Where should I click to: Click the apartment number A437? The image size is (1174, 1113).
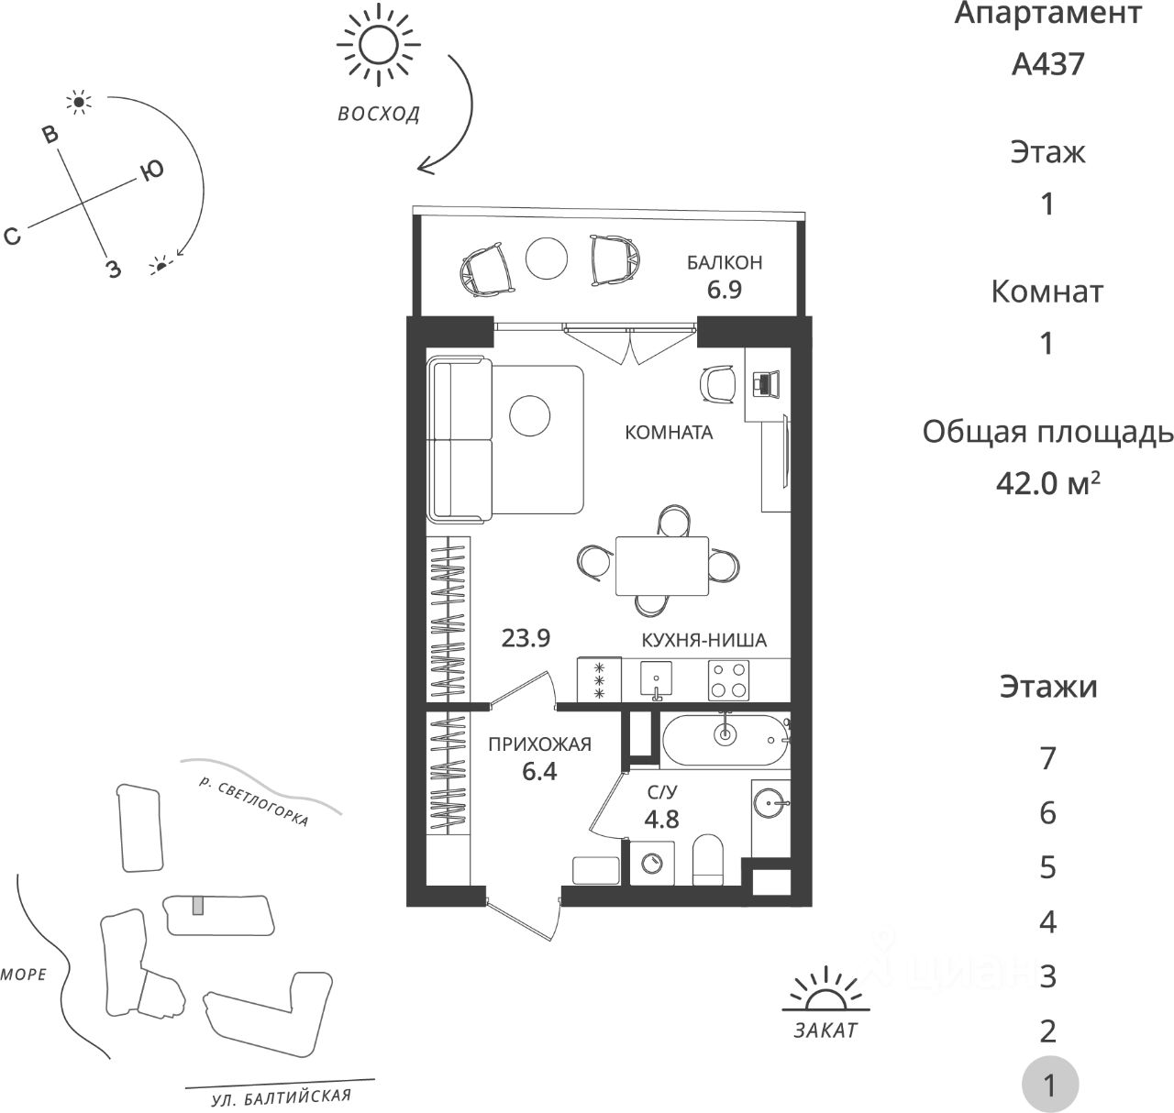pyautogui.click(x=1047, y=64)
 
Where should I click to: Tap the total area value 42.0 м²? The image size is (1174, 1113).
pyautogui.click(x=1047, y=482)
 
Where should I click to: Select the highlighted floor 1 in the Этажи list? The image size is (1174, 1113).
pyautogui.click(x=1049, y=1086)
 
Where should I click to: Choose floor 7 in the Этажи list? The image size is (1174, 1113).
pyautogui.click(x=1048, y=759)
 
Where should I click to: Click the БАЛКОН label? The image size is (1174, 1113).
pyautogui.click(x=725, y=263)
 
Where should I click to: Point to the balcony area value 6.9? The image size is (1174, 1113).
pyautogui.click(x=724, y=291)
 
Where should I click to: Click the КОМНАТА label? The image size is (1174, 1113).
pyautogui.click(x=669, y=433)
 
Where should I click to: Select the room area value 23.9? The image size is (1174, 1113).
pyautogui.click(x=526, y=638)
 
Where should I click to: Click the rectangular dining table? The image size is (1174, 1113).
pyautogui.click(x=661, y=566)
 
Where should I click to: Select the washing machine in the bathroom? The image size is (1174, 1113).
pyautogui.click(x=652, y=864)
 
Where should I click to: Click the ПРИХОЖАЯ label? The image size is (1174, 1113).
pyautogui.click(x=539, y=744)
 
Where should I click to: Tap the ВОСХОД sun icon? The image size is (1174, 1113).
pyautogui.click(x=377, y=45)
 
